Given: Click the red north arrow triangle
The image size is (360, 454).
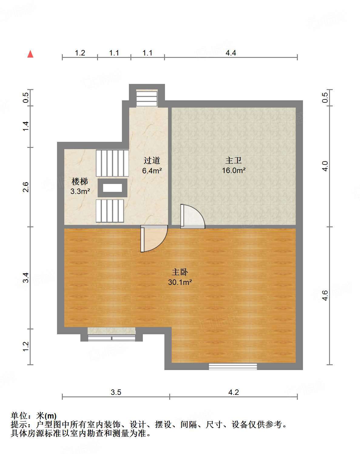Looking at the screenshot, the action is (30, 54).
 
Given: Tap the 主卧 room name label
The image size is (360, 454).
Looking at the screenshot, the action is (180, 272).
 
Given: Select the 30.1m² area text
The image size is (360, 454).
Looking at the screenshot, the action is (180, 282).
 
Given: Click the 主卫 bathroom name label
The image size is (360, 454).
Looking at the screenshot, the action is (234, 160).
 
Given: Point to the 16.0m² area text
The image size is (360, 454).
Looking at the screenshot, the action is (234, 170).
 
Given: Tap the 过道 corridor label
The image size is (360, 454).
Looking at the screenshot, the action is (152, 160).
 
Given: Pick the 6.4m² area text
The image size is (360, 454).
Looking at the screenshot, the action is (152, 170).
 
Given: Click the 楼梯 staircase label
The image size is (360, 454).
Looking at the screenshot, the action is (80, 182).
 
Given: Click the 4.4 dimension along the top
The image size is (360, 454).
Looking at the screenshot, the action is (231, 53).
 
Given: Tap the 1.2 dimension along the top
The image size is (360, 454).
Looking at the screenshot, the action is (80, 53).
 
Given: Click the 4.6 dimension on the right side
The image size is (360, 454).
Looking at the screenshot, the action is (325, 295).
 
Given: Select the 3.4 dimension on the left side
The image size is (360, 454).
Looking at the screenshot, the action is (25, 278).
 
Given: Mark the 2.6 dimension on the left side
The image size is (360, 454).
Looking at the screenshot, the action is (25, 187).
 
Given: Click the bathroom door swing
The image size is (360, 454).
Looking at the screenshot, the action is (193, 216).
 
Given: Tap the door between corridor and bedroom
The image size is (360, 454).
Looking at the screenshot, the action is (154, 239).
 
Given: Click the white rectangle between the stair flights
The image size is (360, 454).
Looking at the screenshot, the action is (112, 188).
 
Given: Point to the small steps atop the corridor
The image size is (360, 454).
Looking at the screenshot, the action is (147, 98).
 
